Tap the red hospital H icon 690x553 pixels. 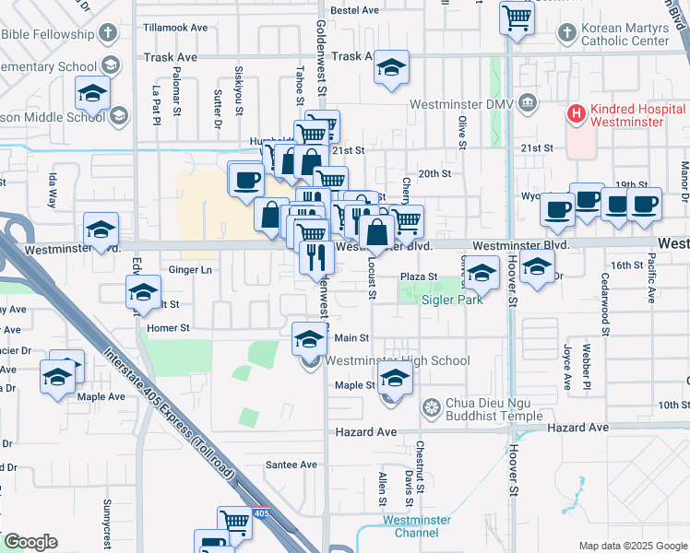point(577,115)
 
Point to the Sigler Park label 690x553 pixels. point(452,300)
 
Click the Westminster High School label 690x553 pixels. point(398,361)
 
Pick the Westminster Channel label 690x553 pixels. point(417,526)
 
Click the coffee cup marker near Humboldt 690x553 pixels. point(246,179)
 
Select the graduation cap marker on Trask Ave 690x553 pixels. point(392,69)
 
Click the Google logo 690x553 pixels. point(30,542)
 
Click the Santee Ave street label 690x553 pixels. point(291,465)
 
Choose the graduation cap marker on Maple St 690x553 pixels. point(394,380)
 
